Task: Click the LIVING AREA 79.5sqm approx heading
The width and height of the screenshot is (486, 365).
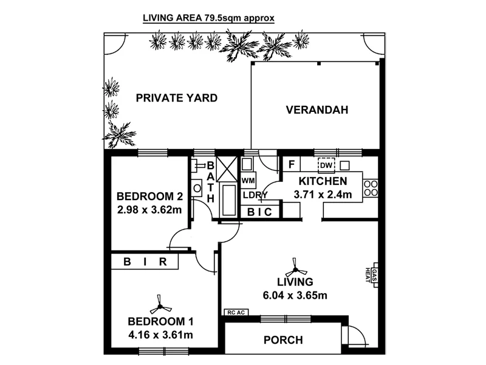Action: click(208, 18)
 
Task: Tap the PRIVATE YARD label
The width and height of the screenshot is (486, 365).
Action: click(177, 97)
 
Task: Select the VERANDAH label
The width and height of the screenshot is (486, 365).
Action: click(317, 110)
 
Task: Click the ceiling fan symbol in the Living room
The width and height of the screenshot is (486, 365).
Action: click(296, 266)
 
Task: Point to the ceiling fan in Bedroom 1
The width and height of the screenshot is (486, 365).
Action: click(159, 302)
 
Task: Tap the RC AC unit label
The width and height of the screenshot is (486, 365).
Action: click(235, 312)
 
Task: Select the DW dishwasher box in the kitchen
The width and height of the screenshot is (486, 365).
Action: click(327, 165)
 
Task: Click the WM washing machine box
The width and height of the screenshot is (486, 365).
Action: click(248, 181)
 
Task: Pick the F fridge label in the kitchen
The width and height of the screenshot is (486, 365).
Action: click(292, 165)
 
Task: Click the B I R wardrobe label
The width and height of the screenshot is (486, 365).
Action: click(145, 262)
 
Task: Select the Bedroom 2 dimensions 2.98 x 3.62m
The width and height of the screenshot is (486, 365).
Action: click(149, 210)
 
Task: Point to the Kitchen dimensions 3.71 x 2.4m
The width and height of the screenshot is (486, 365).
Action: click(323, 195)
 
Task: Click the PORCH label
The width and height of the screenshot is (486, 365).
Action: click(283, 340)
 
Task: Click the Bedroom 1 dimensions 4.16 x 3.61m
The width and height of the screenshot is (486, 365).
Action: click(160, 335)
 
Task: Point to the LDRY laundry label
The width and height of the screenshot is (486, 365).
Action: click(255, 195)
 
